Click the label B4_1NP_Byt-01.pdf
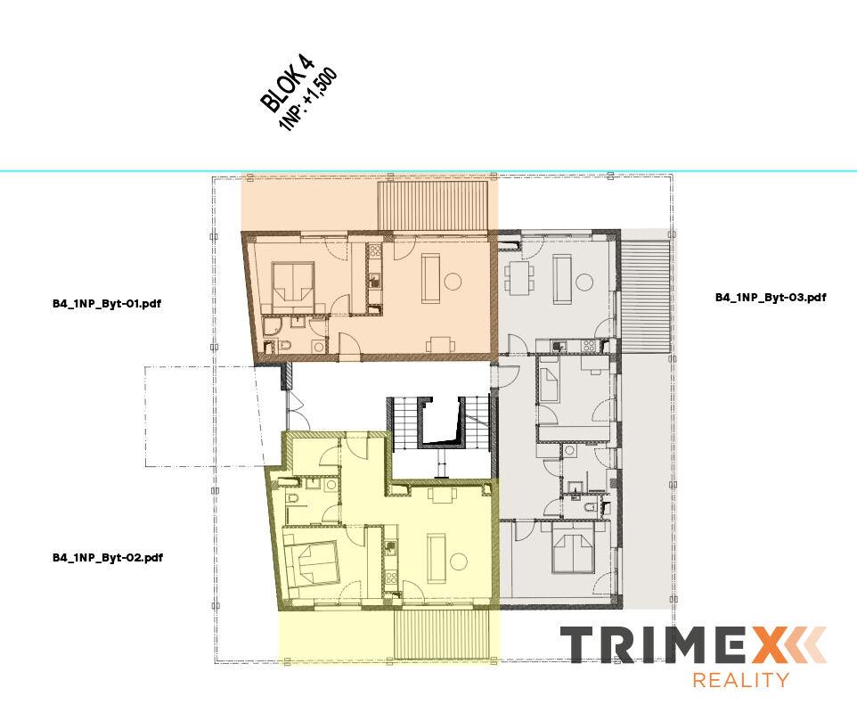(x=106, y=304)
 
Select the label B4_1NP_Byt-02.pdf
(x=107, y=558)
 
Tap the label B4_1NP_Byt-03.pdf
(x=770, y=298)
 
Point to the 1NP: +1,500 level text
(x=308, y=100)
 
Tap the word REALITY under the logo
(x=740, y=680)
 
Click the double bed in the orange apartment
(x=292, y=283)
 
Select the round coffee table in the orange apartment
(x=453, y=282)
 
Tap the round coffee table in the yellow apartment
(x=459, y=561)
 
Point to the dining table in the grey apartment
(x=518, y=275)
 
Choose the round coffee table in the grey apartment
(x=585, y=282)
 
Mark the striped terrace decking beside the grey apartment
(x=646, y=294)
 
